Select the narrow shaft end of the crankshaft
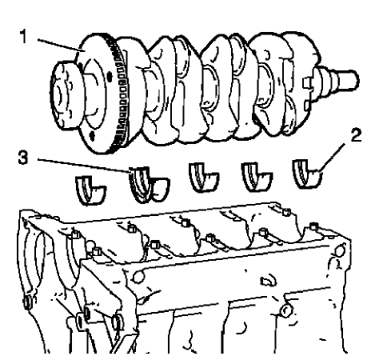click(x=344, y=82)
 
